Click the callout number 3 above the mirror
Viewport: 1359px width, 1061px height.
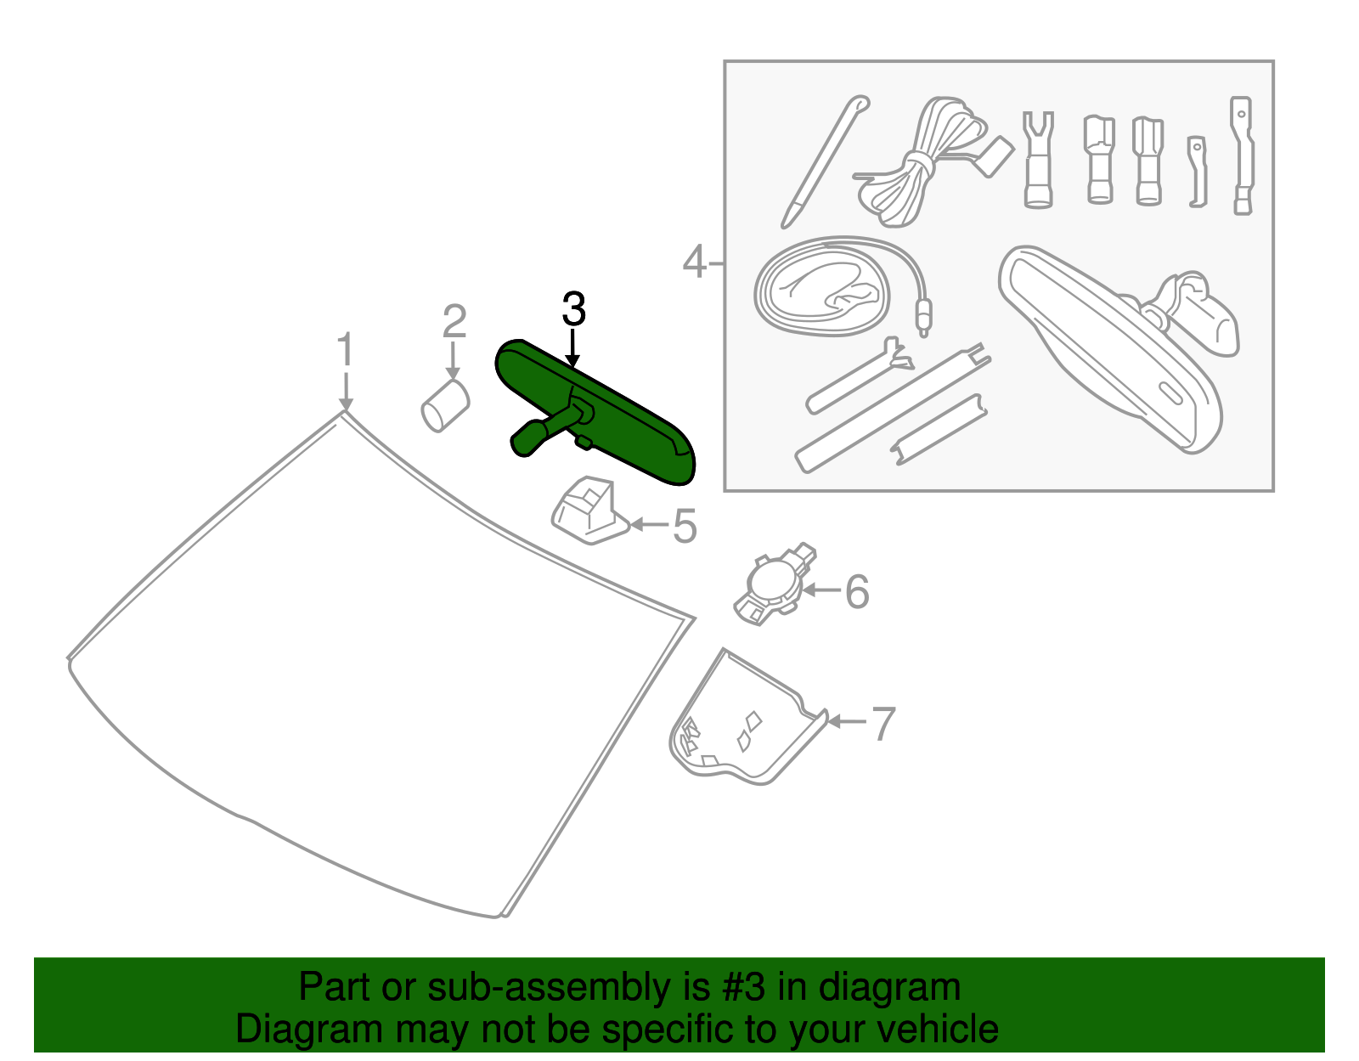click(x=574, y=310)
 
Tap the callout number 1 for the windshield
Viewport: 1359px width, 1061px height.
click(x=344, y=350)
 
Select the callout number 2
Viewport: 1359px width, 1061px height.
click(x=454, y=323)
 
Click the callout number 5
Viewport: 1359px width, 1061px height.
click(x=685, y=527)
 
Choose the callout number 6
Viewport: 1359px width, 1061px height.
click(x=857, y=591)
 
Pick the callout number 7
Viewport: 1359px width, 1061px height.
click(x=884, y=724)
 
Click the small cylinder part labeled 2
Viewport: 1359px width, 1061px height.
click(x=445, y=405)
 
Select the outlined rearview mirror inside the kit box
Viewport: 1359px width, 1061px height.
click(x=1113, y=348)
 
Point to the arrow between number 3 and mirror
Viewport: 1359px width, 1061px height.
click(x=573, y=348)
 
